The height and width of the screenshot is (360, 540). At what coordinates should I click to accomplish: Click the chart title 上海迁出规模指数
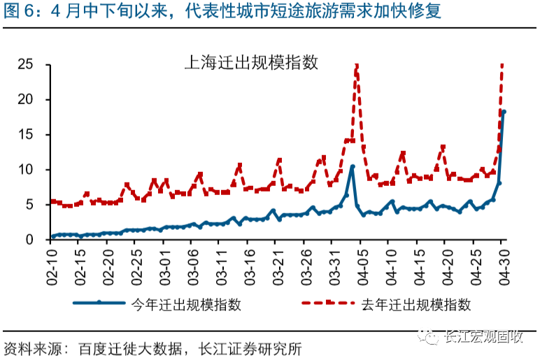point(250,62)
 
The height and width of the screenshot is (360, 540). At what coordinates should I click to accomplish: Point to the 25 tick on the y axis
point(27,64)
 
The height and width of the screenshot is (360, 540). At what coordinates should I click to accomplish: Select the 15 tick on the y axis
point(27,134)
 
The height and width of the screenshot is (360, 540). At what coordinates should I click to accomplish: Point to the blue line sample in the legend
point(99,304)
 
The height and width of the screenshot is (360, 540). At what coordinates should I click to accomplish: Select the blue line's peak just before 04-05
point(352,166)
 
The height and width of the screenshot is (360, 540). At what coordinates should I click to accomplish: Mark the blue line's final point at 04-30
point(504,112)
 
